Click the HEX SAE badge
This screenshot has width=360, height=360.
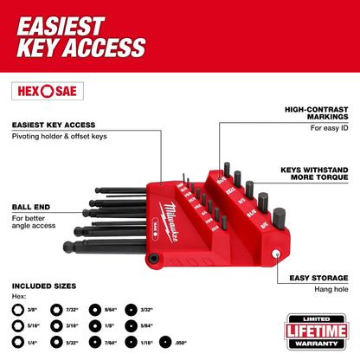pyautogui.click(x=46, y=90)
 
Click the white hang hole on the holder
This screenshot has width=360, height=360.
pyautogui.click(x=276, y=254)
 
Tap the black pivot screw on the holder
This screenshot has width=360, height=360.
pyautogui.click(x=153, y=259)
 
